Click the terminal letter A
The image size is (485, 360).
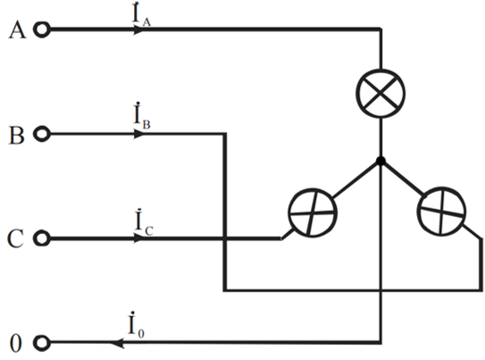coord(17,30)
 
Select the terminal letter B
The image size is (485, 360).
coord(16,135)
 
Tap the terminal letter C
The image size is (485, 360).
coord(15,239)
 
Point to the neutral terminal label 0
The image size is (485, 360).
coord(16,343)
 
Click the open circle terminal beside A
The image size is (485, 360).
coord(41,29)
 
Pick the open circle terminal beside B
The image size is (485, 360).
coord(41,134)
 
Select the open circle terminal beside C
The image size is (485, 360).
coord(41,239)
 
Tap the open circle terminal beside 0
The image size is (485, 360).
coord(41,343)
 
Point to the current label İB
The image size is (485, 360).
coord(142,116)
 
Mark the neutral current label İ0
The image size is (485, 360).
coord(136,324)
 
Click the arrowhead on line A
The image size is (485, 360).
coord(138,29)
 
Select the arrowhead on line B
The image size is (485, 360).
coord(138,134)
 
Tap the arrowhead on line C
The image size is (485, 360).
coord(138,239)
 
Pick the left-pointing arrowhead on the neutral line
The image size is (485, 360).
coord(117,343)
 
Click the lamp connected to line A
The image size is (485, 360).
coord(380,94)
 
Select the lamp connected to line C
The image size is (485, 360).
coord(313,213)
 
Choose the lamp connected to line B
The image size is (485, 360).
coord(441,212)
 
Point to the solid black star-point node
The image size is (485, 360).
coord(380,161)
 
